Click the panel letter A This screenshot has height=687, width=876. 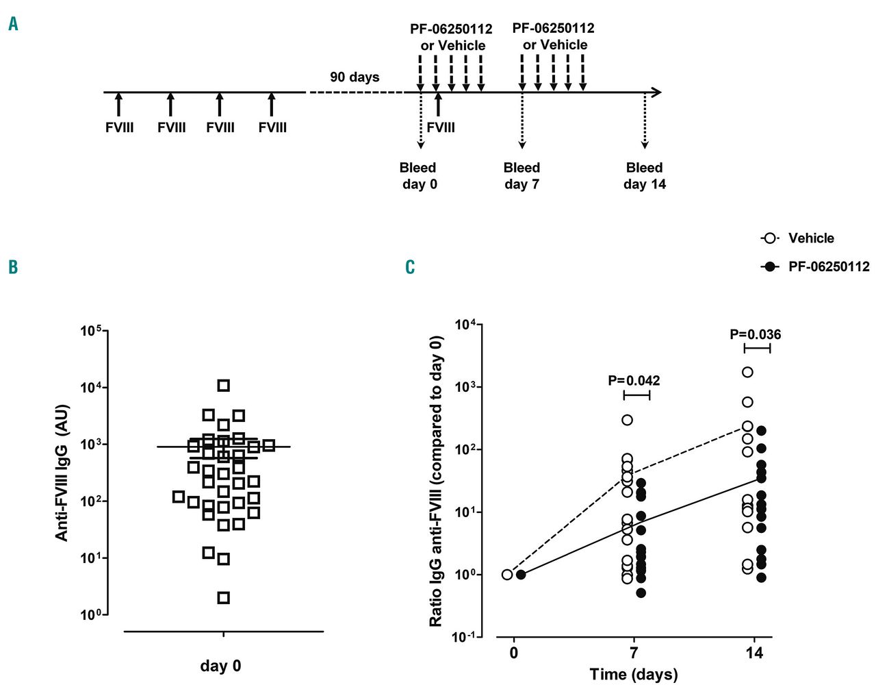(14, 25)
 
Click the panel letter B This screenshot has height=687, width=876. (13, 266)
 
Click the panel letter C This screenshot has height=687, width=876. (410, 266)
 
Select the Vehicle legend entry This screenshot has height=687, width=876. (798, 238)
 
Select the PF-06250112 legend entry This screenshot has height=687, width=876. (815, 266)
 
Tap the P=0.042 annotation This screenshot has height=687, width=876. (634, 380)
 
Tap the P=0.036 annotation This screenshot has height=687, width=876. (755, 334)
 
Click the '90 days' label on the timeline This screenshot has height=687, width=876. (355, 77)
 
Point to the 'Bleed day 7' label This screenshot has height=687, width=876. (521, 176)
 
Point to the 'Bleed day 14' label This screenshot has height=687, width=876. (644, 176)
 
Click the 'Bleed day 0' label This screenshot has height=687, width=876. (418, 176)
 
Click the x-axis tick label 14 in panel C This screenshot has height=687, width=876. (754, 653)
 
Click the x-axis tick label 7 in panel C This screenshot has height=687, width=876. (634, 653)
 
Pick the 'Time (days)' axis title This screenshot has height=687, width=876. (633, 674)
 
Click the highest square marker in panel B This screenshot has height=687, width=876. (223, 385)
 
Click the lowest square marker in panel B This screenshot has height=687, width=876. (223, 598)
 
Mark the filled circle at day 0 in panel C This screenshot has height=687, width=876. (521, 575)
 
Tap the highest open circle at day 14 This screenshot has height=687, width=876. (747, 372)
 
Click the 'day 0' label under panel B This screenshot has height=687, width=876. (220, 666)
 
